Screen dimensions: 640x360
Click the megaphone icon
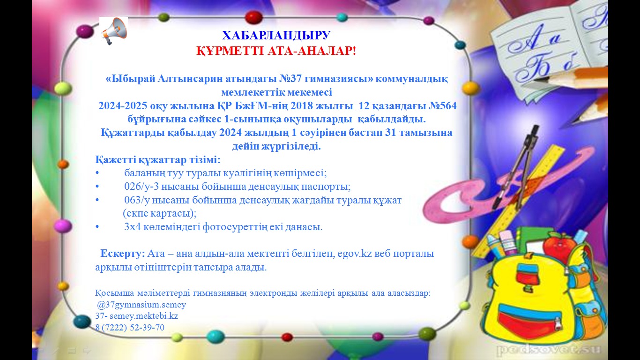[x=114, y=30]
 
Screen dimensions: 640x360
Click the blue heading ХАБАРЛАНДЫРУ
[x=276, y=36]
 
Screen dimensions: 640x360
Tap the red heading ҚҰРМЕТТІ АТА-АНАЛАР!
[x=276, y=51]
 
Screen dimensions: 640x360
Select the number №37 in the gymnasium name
[x=290, y=78]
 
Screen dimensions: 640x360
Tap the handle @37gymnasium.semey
[x=141, y=305]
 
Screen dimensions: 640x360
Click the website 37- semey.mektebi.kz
[x=136, y=316]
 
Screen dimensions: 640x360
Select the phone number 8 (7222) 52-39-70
[x=130, y=327]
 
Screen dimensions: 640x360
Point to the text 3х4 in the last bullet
[x=132, y=227]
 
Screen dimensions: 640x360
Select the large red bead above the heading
[x=254, y=17]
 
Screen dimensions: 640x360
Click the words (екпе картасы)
[x=160, y=213]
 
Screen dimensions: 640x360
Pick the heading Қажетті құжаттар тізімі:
[x=158, y=159]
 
